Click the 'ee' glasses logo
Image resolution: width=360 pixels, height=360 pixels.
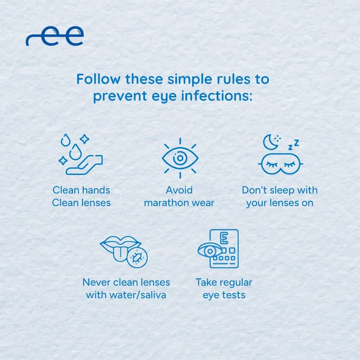click(x=55, y=36)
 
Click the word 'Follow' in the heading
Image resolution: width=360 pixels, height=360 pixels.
click(x=98, y=79)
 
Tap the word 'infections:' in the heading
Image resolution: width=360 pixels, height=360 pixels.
click(x=217, y=96)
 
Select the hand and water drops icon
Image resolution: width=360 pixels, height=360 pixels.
click(x=80, y=154)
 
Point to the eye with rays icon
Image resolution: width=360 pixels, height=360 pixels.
click(x=180, y=158)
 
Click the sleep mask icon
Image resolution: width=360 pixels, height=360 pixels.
click(x=281, y=164)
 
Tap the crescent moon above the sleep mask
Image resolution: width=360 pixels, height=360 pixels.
click(x=271, y=142)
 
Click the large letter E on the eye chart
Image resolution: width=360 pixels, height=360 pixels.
click(x=224, y=238)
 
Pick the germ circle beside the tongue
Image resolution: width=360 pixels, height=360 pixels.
click(x=137, y=258)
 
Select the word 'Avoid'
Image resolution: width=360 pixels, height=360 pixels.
click(x=179, y=190)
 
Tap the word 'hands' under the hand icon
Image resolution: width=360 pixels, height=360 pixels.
click(x=96, y=190)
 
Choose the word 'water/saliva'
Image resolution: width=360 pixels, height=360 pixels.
click(x=138, y=295)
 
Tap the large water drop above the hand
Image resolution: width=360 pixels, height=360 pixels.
click(x=76, y=152)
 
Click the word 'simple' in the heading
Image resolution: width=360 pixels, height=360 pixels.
click(x=190, y=79)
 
